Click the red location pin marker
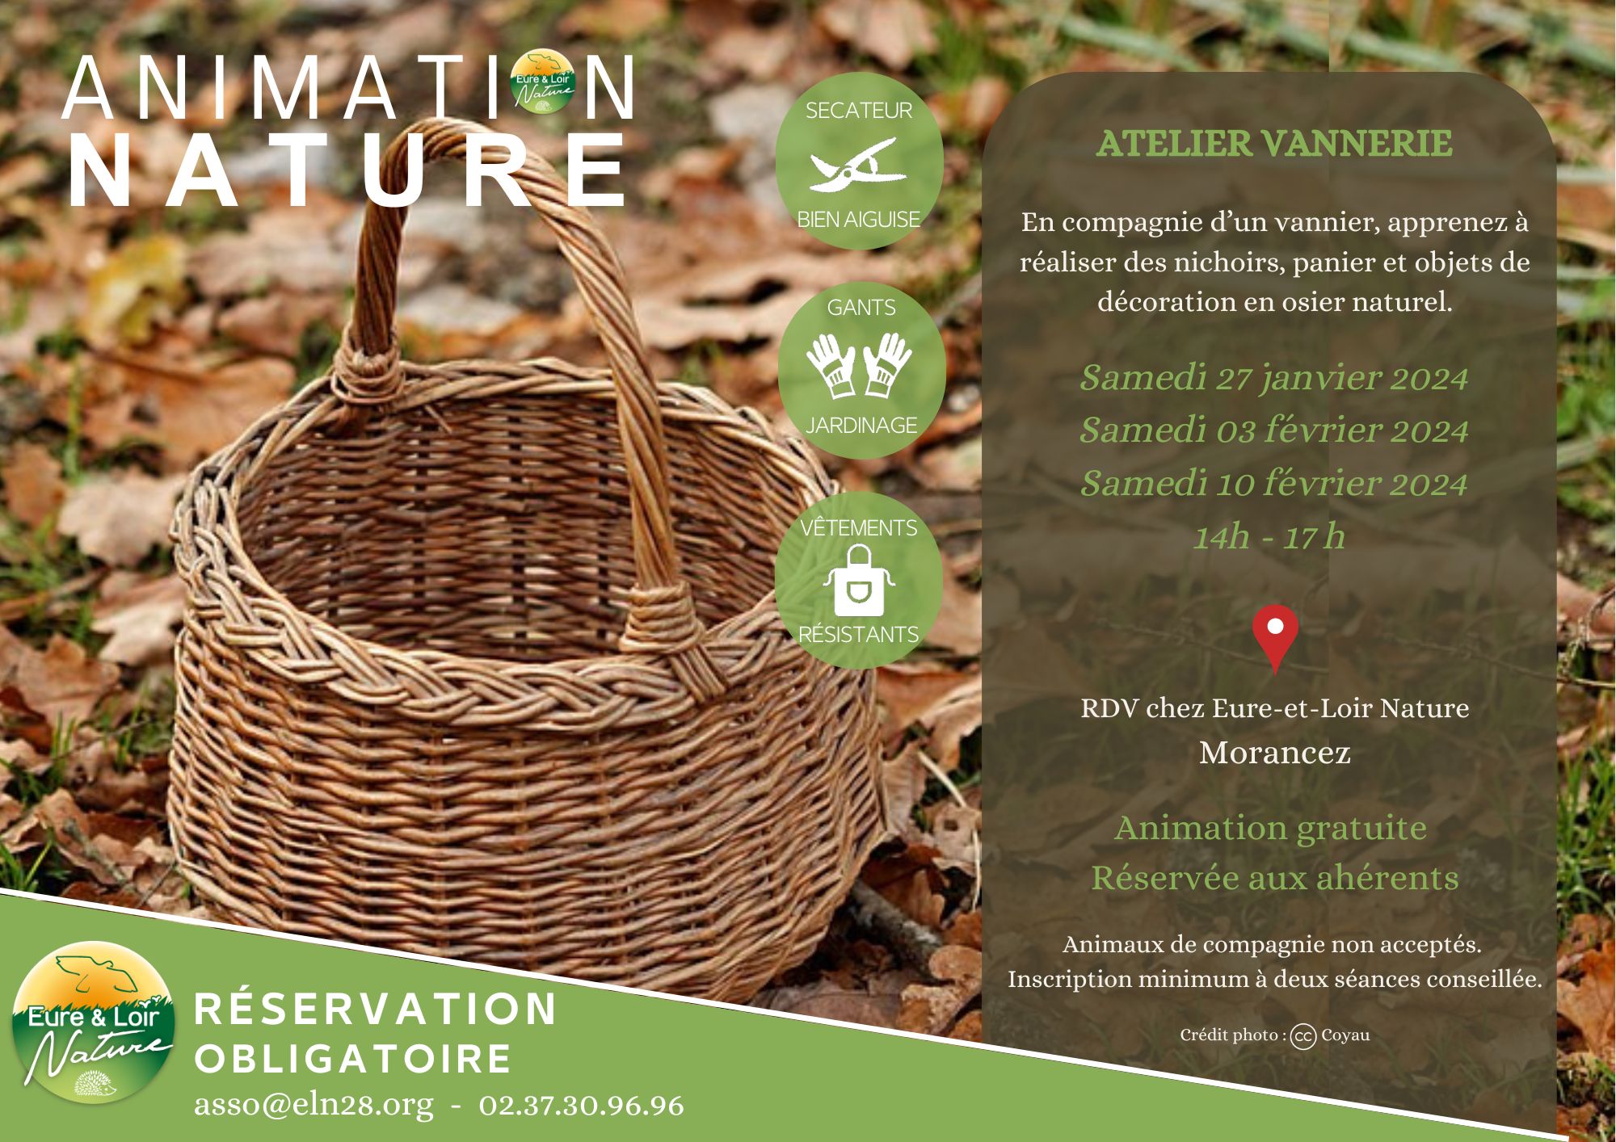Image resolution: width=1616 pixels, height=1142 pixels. pyautogui.click(x=1275, y=636)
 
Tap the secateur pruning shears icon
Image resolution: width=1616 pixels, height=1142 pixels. pyautogui.click(x=858, y=165)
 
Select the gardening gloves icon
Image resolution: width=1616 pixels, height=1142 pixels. pyautogui.click(x=859, y=366)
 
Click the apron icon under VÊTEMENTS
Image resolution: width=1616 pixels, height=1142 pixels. pyautogui.click(x=858, y=579)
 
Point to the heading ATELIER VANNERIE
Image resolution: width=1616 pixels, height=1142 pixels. pyautogui.click(x=1274, y=144)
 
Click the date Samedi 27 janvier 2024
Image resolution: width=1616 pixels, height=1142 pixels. pyautogui.click(x=1273, y=378)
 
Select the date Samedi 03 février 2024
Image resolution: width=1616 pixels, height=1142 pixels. pyautogui.click(x=1273, y=430)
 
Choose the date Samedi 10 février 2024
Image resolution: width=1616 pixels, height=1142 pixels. pyautogui.click(x=1273, y=484)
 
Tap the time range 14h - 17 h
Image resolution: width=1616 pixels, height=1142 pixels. pyautogui.click(x=1269, y=536)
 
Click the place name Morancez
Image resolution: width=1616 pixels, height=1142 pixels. pyautogui.click(x=1275, y=753)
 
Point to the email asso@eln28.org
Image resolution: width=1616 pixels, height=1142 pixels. pyautogui.click(x=314, y=1105)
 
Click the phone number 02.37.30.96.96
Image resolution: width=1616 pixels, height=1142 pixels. pyautogui.click(x=582, y=1105)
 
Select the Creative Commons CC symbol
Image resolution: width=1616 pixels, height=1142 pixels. pyautogui.click(x=1303, y=1036)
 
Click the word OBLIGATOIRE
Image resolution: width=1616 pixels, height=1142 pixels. pyautogui.click(x=353, y=1059)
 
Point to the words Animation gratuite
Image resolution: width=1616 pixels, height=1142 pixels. pyautogui.click(x=1270, y=829)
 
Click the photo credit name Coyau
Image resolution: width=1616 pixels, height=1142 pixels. pyautogui.click(x=1345, y=1035)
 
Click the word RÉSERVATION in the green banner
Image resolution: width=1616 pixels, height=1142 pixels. pyautogui.click(x=376, y=1009)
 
